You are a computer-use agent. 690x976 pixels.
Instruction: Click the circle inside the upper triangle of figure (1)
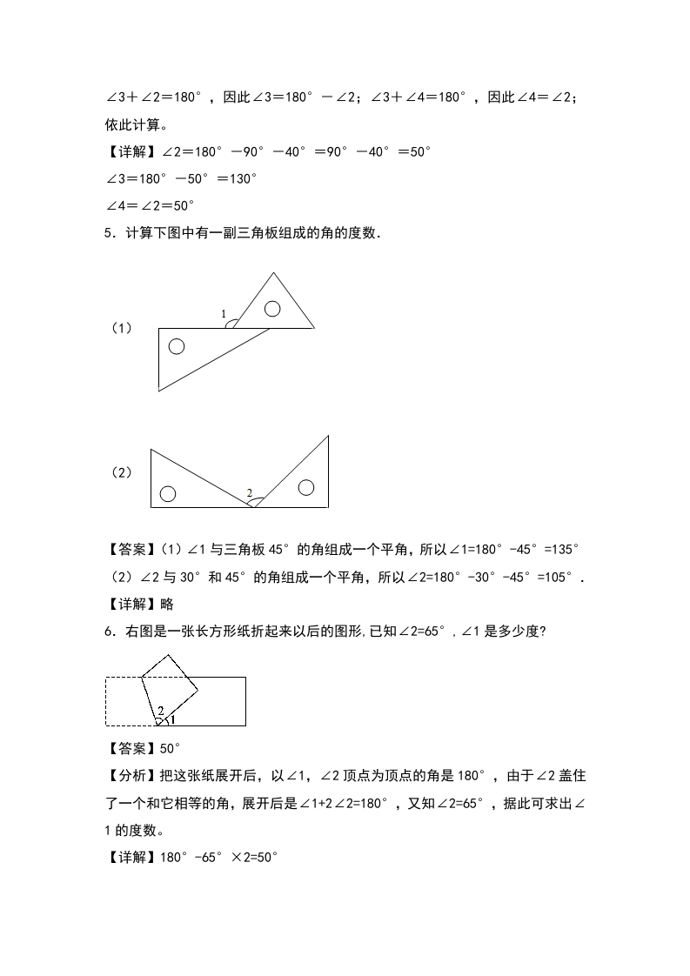coord(272,308)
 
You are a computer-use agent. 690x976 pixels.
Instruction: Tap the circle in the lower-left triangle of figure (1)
coord(177,346)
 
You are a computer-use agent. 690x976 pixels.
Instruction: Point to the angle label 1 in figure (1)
coord(224,314)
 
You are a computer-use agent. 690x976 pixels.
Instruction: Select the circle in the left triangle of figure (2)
coord(168,494)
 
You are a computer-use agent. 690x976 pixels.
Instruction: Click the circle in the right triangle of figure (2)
coord(305,487)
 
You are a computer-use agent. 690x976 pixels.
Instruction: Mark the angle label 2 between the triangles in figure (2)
coord(250,494)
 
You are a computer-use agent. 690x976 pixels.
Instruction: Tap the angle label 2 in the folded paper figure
coord(160,711)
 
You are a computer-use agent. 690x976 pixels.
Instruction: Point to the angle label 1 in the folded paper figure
coord(172,719)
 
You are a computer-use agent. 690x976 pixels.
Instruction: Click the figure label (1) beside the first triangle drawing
coord(121,328)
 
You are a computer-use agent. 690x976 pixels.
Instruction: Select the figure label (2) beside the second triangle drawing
coord(121,472)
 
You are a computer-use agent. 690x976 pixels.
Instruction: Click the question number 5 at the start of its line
coord(109,233)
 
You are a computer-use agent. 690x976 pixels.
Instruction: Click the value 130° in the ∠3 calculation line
coord(238,178)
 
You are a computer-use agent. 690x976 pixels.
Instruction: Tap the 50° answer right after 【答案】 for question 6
coord(171,748)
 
